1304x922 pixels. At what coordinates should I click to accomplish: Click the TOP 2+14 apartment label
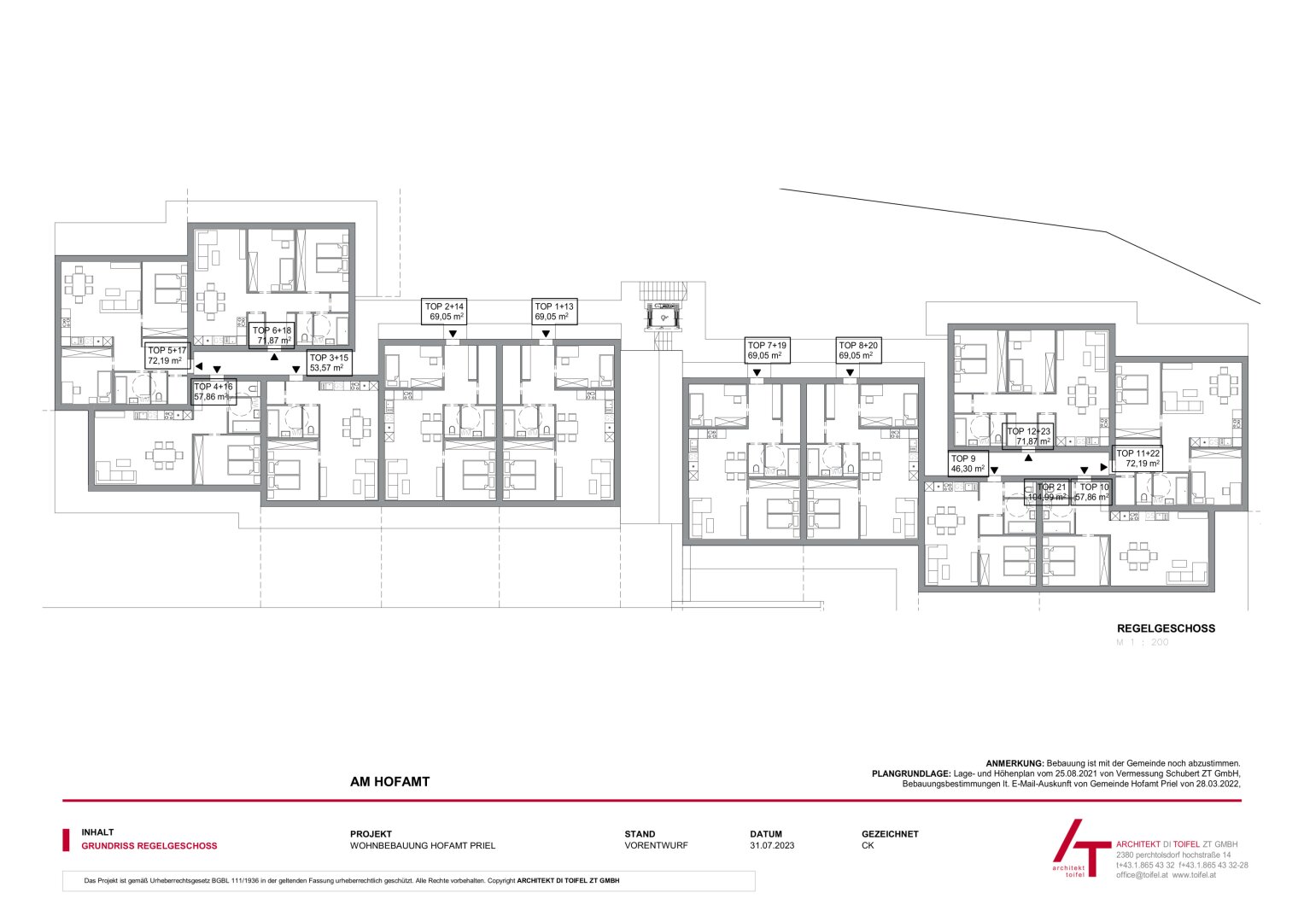pos(445,312)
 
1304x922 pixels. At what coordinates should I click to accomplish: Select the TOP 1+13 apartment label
pos(554,312)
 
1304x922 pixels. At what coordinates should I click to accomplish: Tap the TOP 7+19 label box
pos(767,351)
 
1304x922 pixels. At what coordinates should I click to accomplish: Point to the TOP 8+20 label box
pos(858,351)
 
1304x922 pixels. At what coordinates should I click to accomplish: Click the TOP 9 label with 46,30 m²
pos(968,464)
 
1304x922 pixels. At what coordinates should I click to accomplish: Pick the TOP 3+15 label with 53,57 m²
pos(329,363)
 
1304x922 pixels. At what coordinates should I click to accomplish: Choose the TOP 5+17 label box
pos(167,355)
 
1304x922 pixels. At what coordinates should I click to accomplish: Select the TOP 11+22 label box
pos(1138,458)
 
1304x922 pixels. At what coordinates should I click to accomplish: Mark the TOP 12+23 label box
pos(1028,436)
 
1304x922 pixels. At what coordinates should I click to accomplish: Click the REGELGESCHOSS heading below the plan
pos(1166,628)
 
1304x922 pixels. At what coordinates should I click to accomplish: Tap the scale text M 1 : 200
pos(1143,643)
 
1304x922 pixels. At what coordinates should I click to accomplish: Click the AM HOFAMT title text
pos(389,781)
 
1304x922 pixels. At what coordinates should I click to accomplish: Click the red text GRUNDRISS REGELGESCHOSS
pos(149,846)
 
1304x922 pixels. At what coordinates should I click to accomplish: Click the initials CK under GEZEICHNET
pos(868,846)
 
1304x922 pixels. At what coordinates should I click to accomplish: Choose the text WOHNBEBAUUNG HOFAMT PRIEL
pos(423,846)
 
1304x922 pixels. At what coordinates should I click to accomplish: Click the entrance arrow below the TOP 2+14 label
pos(453,334)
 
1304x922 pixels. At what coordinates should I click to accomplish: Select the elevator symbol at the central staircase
pos(664,318)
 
